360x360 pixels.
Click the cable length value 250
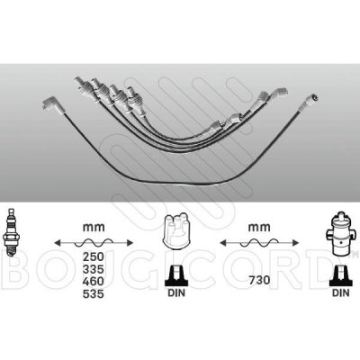(94, 256)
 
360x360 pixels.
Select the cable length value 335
(94, 269)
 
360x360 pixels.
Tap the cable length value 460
(94, 282)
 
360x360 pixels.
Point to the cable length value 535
(94, 294)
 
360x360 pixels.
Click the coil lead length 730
(259, 280)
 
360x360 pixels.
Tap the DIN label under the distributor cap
(176, 292)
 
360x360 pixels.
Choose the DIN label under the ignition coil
(341, 292)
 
